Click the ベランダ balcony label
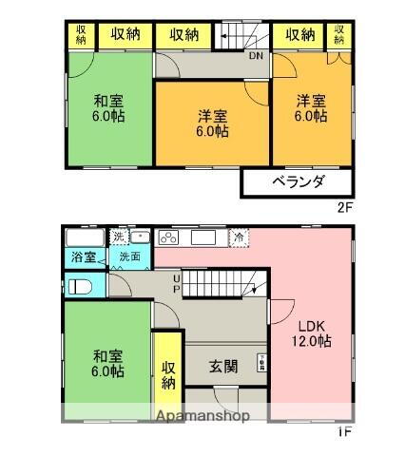pos(298,181)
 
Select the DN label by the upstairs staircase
pos(256,54)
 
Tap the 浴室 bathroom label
pos(82,257)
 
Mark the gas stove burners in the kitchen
pos(168,238)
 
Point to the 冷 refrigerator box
pos(239,237)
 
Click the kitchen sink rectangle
pos(204,237)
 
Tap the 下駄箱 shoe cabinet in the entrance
pos(260,362)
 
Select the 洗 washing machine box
pos(118,236)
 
